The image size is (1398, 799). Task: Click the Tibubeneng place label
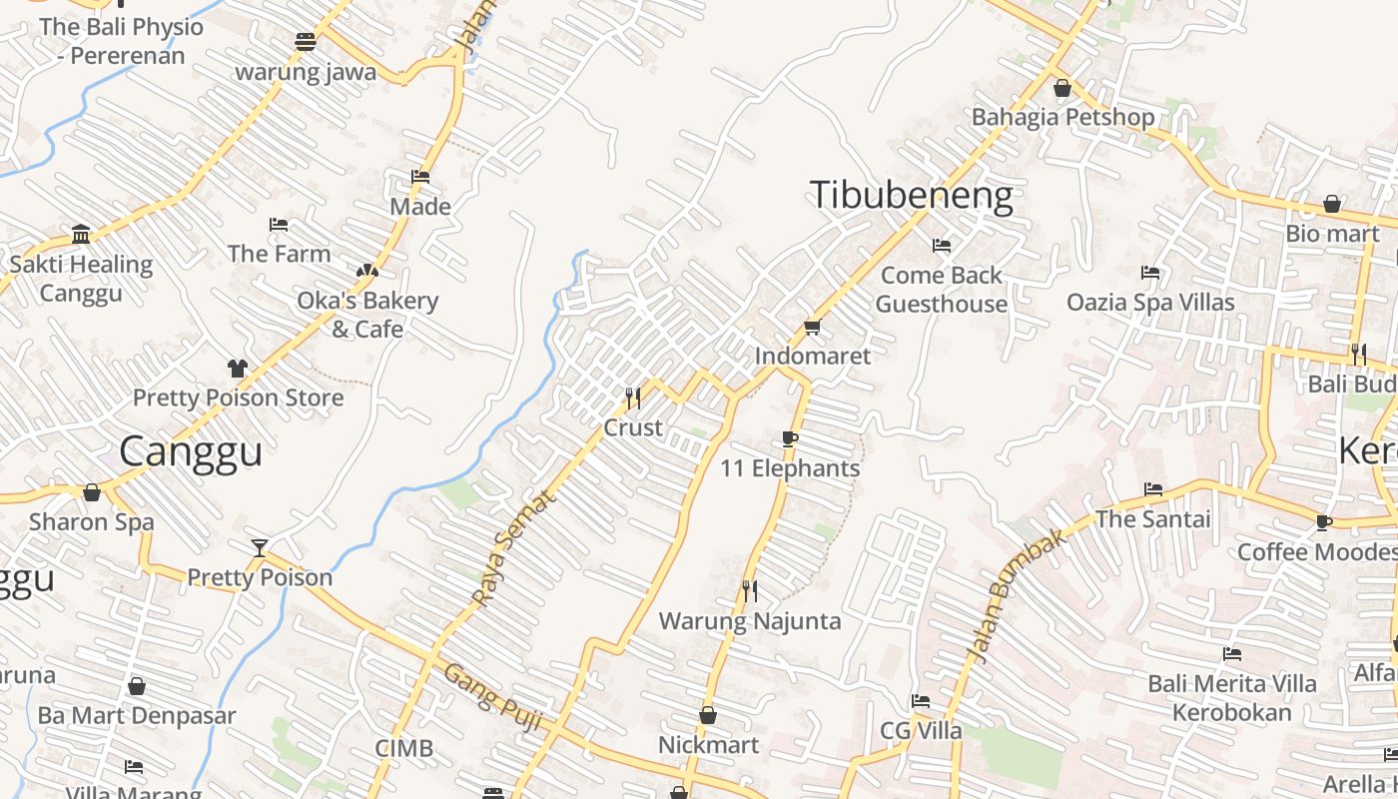click(911, 195)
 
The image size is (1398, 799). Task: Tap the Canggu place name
click(191, 450)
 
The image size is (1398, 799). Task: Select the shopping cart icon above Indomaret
click(813, 327)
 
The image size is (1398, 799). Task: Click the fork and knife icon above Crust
click(633, 399)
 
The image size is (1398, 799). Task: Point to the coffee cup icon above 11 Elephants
click(790, 438)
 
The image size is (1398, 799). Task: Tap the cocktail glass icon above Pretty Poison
click(260, 547)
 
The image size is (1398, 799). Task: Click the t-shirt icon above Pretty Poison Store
click(237, 369)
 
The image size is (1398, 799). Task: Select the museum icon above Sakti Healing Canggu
click(81, 235)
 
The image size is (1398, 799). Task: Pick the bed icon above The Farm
click(279, 225)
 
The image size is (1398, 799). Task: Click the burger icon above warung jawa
click(306, 42)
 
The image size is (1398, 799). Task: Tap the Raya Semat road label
click(511, 548)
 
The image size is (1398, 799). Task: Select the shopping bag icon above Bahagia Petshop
click(1062, 88)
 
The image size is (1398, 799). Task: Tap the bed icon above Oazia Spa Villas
click(1150, 273)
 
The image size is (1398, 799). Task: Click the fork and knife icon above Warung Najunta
click(750, 591)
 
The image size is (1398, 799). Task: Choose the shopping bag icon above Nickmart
click(708, 715)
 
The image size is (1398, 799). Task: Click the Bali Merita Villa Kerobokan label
click(1232, 698)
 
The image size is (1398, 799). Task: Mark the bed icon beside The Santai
click(1153, 489)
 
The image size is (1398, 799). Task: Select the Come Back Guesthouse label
click(941, 289)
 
